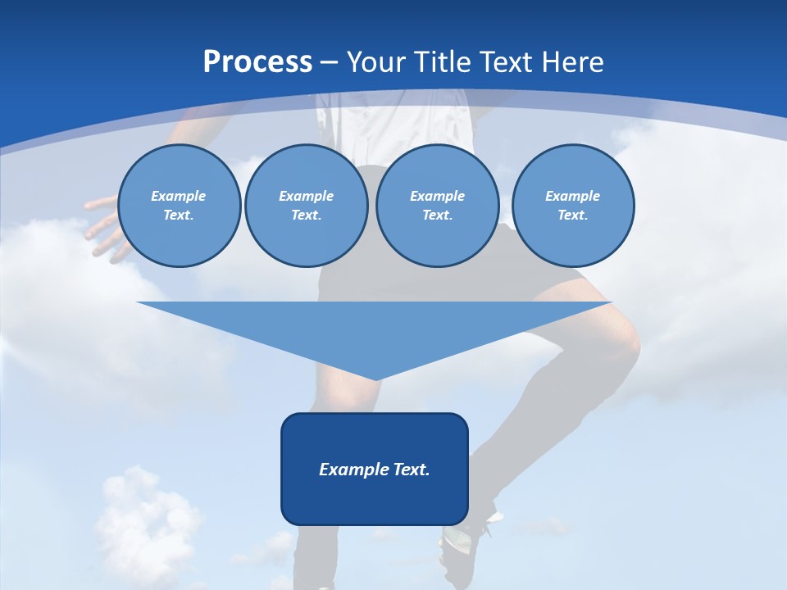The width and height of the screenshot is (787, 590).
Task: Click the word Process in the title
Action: tap(257, 61)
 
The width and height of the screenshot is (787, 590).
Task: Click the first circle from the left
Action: tap(179, 206)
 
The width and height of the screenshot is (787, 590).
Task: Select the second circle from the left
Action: tap(306, 206)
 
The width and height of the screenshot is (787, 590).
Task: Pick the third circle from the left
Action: tap(437, 206)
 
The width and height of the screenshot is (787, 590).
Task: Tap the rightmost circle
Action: tap(572, 206)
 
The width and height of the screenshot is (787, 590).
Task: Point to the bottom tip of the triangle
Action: tap(375, 379)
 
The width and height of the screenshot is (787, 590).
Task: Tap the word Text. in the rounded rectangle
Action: tap(411, 470)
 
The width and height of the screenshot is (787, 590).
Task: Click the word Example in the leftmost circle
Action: tap(179, 196)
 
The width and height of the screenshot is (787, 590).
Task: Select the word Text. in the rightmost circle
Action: tap(572, 216)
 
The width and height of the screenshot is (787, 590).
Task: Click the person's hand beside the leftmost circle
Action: tap(102, 225)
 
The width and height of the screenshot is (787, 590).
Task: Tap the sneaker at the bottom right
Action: tap(467, 537)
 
